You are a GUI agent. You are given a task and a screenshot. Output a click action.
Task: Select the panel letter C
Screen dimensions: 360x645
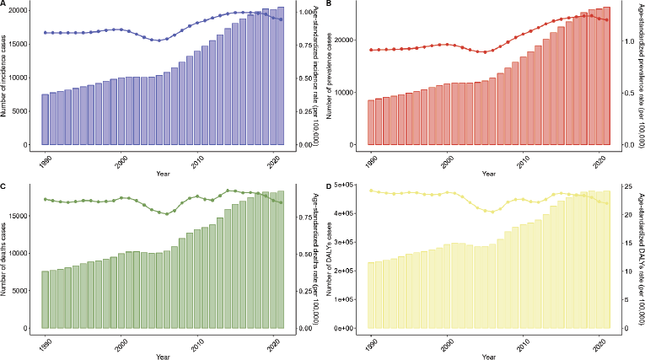[x=3, y=185]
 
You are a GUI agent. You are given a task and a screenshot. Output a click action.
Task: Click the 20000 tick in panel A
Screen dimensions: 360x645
[x=24, y=10]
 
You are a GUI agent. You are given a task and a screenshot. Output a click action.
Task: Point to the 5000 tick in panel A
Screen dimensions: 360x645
[x=26, y=110]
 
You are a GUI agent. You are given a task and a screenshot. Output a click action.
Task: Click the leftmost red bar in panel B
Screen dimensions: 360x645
[x=371, y=122]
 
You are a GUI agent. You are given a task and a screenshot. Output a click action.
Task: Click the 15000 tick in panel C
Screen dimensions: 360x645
[x=24, y=216]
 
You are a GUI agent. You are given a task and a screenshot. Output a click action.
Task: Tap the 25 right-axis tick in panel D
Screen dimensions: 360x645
[x=625, y=185]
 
